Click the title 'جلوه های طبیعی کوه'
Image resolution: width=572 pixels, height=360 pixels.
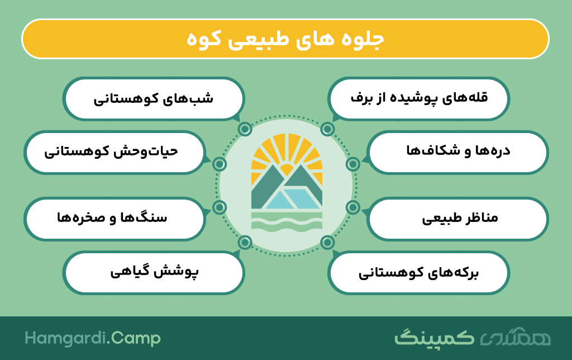tap(285, 39)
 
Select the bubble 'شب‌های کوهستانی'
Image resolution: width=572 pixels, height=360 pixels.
tap(154, 98)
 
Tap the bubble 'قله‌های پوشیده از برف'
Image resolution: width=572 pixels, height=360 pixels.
tap(419, 98)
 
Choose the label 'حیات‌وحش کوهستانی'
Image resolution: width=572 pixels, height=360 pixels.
tap(111, 151)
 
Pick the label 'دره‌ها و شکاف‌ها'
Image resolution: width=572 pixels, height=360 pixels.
tap(458, 150)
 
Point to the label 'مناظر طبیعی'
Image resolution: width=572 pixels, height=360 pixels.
tap(460, 219)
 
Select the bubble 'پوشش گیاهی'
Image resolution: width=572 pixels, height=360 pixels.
tap(154, 272)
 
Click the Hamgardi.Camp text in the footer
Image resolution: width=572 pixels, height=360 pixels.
tap(93, 338)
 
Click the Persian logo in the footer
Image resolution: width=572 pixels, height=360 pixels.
tap(473, 338)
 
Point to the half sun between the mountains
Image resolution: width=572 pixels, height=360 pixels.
tap(287, 170)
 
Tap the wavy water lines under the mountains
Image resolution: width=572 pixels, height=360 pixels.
tap(287, 222)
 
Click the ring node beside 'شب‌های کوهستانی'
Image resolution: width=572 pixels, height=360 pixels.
tap(245, 129)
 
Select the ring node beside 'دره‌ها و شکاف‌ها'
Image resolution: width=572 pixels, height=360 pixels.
tap(353, 164)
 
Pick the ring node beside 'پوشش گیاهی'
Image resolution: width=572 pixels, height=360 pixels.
tap(245, 242)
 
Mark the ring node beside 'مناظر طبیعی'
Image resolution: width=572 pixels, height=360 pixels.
tap(353, 207)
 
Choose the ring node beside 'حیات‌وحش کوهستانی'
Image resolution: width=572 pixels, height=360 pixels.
tap(219, 164)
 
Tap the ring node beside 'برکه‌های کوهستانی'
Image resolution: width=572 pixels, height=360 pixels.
tap(327, 242)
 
